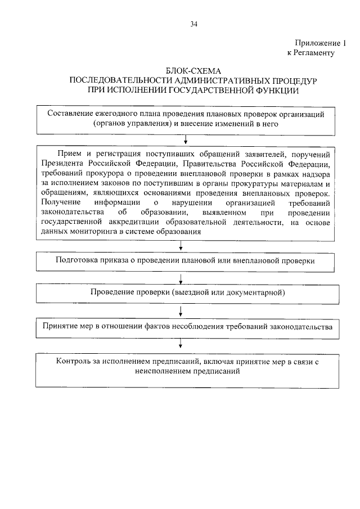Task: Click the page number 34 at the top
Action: click(194, 24)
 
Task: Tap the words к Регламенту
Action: click(311, 53)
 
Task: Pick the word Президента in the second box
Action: click(63, 164)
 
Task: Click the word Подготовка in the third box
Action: click(79, 261)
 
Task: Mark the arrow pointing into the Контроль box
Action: click(180, 343)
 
